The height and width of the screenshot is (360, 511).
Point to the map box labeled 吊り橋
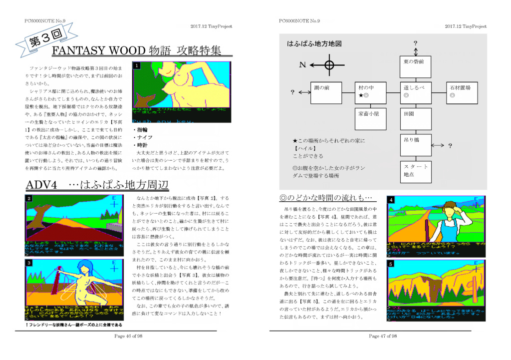pos(415,144)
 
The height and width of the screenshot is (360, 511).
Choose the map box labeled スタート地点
pos(415,171)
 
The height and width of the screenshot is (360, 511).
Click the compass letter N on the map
pos(302,65)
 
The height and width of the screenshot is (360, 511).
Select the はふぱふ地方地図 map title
pos(314,44)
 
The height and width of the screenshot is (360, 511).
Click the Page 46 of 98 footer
pos(128,337)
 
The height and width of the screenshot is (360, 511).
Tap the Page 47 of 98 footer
pos(383,337)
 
